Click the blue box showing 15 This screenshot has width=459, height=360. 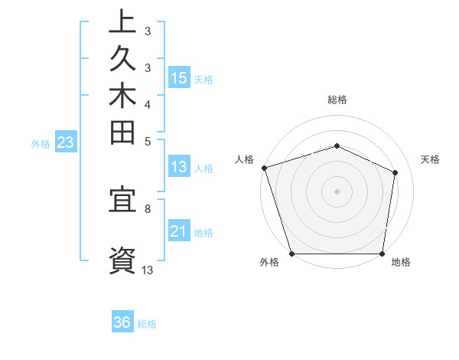click(x=179, y=78)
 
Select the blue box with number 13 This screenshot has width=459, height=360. click(x=179, y=167)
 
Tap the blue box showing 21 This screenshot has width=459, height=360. click(x=179, y=232)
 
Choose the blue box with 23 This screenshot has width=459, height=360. click(x=65, y=142)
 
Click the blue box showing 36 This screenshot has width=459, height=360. click(x=122, y=322)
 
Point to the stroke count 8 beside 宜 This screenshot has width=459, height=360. click(x=148, y=208)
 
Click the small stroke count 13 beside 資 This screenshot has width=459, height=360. click(x=148, y=270)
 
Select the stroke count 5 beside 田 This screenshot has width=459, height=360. click(x=148, y=141)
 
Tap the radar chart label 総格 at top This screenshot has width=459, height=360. click(x=337, y=100)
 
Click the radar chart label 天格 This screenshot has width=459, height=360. click(x=430, y=159)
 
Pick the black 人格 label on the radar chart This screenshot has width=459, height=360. click(x=245, y=159)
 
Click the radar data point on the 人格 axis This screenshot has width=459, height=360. click(x=264, y=168)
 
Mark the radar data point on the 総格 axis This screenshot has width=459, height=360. click(x=337, y=146)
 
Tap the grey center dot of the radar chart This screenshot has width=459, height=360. click(x=337, y=191)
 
